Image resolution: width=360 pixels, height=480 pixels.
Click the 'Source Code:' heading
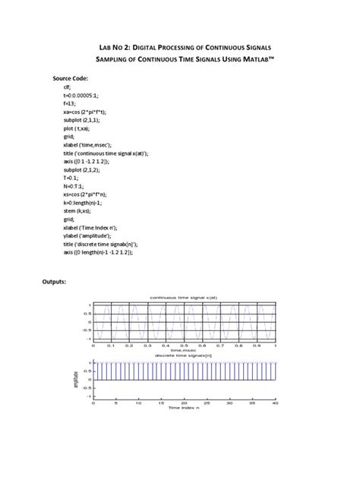tap(71, 78)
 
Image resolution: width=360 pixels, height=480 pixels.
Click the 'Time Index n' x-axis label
tap(184, 408)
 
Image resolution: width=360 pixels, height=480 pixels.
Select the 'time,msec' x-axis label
tap(184, 350)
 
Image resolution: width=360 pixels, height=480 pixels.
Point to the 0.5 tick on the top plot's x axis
tap(184, 345)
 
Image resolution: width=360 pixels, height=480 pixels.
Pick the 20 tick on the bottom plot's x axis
tap(184, 403)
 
